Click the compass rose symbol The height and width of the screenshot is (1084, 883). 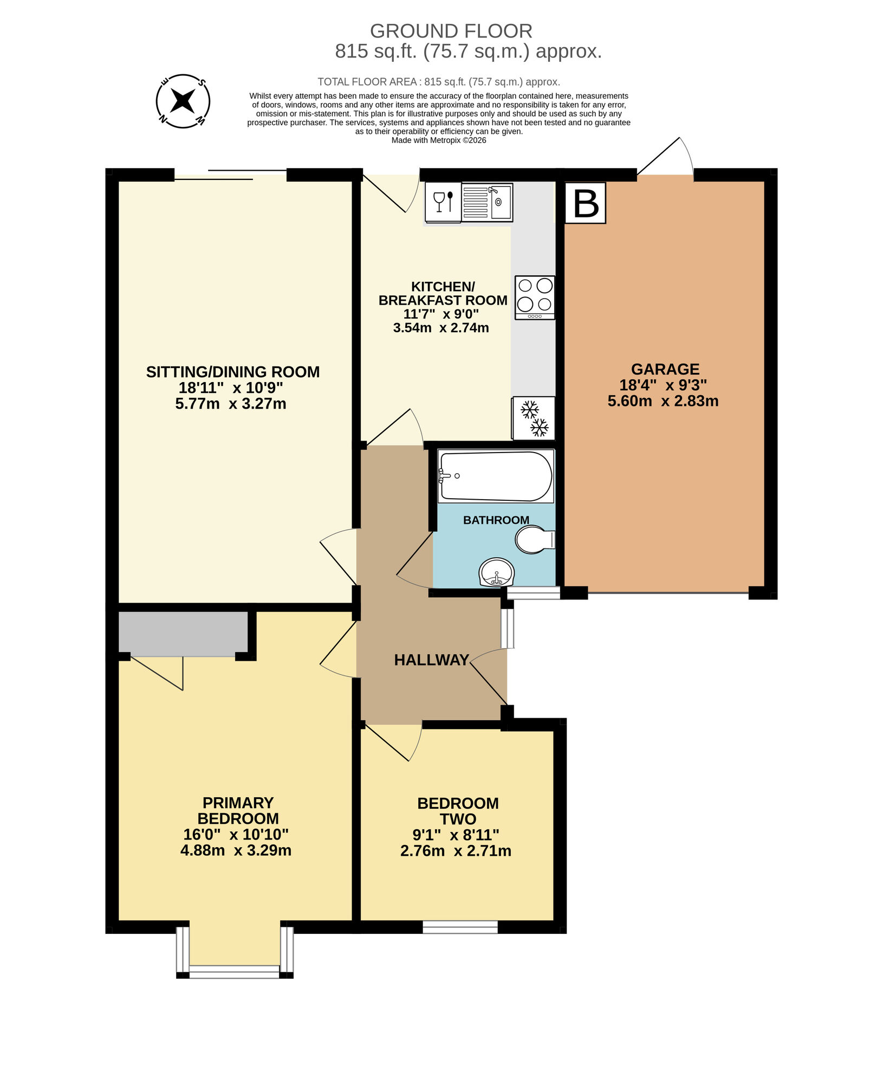[x=183, y=101]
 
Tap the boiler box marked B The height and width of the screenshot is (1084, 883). [x=585, y=203]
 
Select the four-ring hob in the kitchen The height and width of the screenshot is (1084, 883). [x=535, y=298]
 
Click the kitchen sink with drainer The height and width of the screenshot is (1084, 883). [x=487, y=203]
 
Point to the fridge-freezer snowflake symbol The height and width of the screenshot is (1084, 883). [x=534, y=418]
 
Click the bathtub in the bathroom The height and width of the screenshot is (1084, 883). [x=496, y=476]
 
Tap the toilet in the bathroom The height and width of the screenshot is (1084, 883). [x=534, y=539]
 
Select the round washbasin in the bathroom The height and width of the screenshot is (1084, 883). [x=496, y=572]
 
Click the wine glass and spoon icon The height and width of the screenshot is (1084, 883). [x=443, y=203]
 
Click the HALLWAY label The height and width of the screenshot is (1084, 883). [x=431, y=660]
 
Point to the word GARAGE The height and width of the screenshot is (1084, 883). [x=665, y=369]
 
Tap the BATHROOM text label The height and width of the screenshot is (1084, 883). [x=496, y=520]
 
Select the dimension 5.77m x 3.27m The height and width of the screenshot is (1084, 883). [x=231, y=404]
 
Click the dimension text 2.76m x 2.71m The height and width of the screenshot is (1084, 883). [x=456, y=851]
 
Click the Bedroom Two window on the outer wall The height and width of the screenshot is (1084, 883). [x=460, y=927]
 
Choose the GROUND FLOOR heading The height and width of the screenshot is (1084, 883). [x=451, y=31]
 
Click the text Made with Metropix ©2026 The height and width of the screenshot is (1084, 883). [x=439, y=140]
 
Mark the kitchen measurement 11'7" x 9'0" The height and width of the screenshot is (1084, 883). [x=441, y=314]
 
